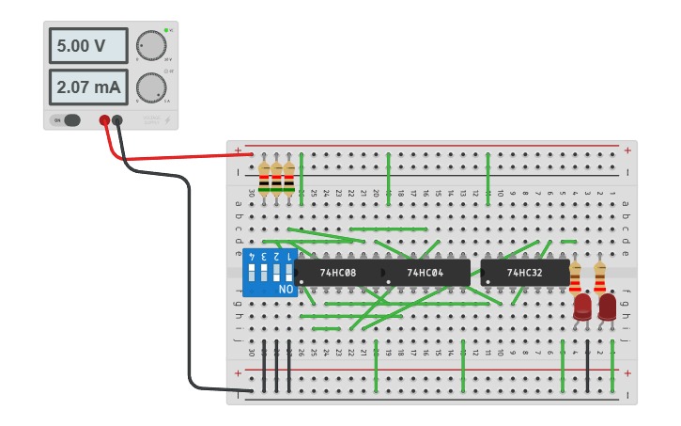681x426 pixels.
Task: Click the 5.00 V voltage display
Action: coord(88,45)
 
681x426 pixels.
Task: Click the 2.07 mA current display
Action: coord(88,87)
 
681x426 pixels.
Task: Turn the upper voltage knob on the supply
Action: coord(150,45)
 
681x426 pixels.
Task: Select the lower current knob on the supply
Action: coord(150,87)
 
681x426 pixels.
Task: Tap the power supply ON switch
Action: coord(67,120)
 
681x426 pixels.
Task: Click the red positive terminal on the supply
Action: coord(104,120)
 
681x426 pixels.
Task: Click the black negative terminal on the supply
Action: coord(117,120)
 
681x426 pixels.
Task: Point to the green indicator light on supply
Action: coord(166,30)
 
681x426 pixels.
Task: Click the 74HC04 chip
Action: coord(426,273)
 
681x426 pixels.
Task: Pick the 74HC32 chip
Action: coord(524,273)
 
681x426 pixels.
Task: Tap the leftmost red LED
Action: coord(582,307)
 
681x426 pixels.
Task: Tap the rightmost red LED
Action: coord(607,307)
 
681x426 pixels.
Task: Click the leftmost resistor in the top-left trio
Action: coord(264,179)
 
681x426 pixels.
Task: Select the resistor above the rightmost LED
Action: coord(599,278)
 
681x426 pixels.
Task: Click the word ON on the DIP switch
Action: coord(286,290)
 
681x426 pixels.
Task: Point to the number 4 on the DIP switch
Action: coord(252,256)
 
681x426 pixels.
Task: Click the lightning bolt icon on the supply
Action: coord(168,120)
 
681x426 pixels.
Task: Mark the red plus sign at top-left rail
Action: coord(238,150)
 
